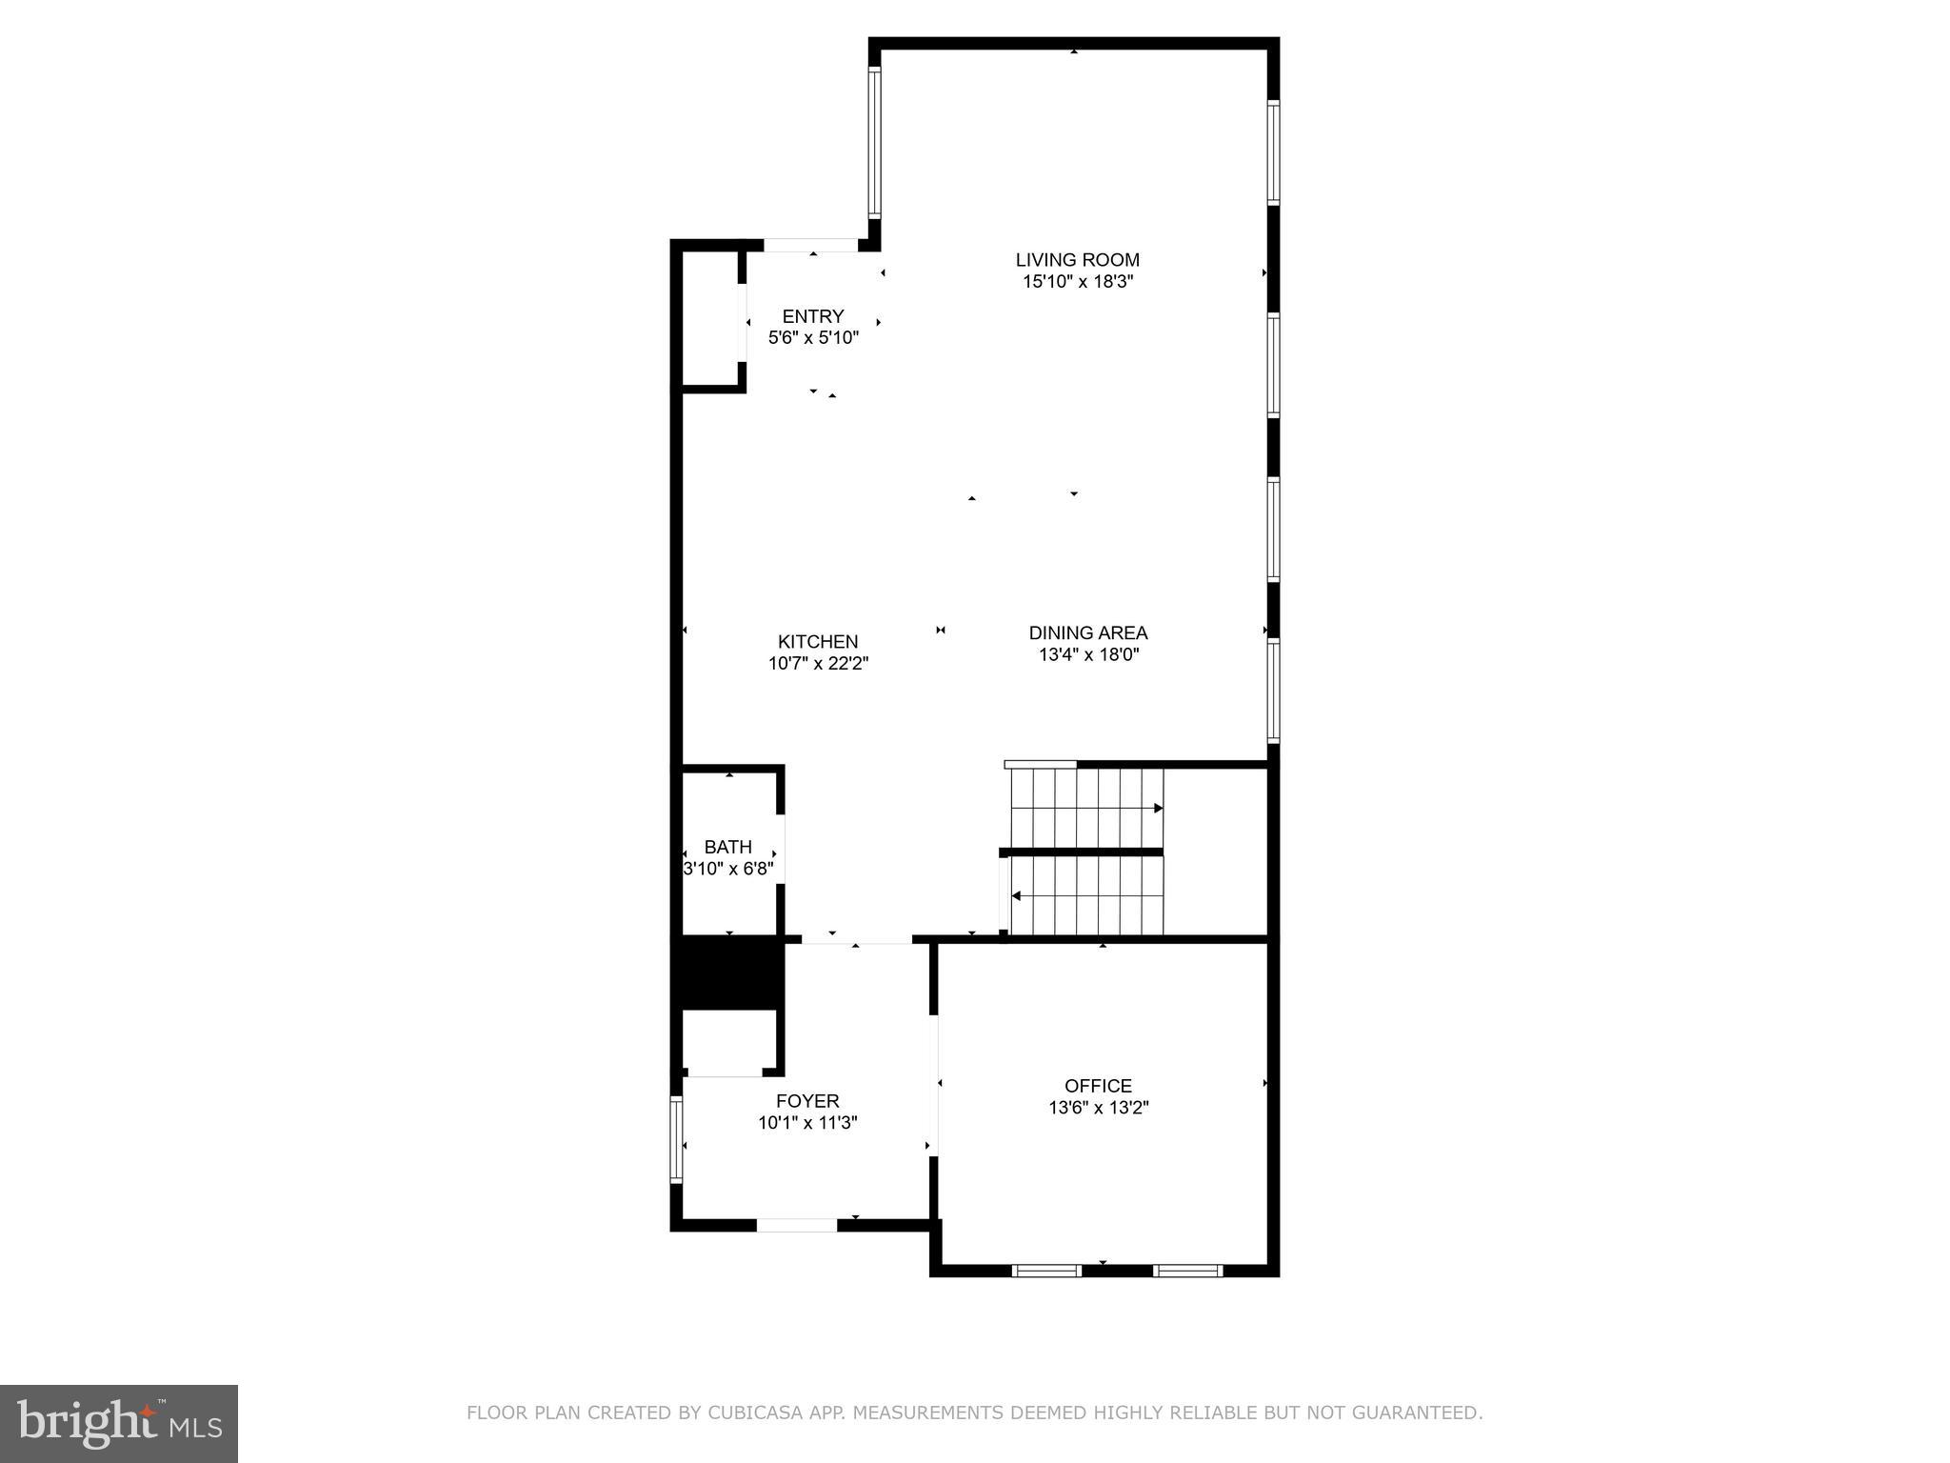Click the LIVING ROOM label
tap(1077, 259)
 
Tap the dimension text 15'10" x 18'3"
tap(1077, 282)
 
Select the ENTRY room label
tap(812, 316)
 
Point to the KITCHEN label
tap(817, 642)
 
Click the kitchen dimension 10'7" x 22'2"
tap(818, 664)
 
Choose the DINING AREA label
tap(1087, 632)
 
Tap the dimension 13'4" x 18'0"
tap(1088, 654)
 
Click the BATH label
tap(727, 847)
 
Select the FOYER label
tap(806, 1101)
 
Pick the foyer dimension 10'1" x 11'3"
tap(807, 1123)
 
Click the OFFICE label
tap(1098, 1086)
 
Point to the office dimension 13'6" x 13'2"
tap(1099, 1108)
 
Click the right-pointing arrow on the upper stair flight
tap(1158, 808)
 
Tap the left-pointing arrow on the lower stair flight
tap(1017, 896)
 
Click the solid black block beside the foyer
tap(728, 972)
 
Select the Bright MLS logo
tap(119, 1423)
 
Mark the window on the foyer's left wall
tap(677, 1139)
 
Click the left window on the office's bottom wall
tap(1046, 1270)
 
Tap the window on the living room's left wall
tap(874, 143)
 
